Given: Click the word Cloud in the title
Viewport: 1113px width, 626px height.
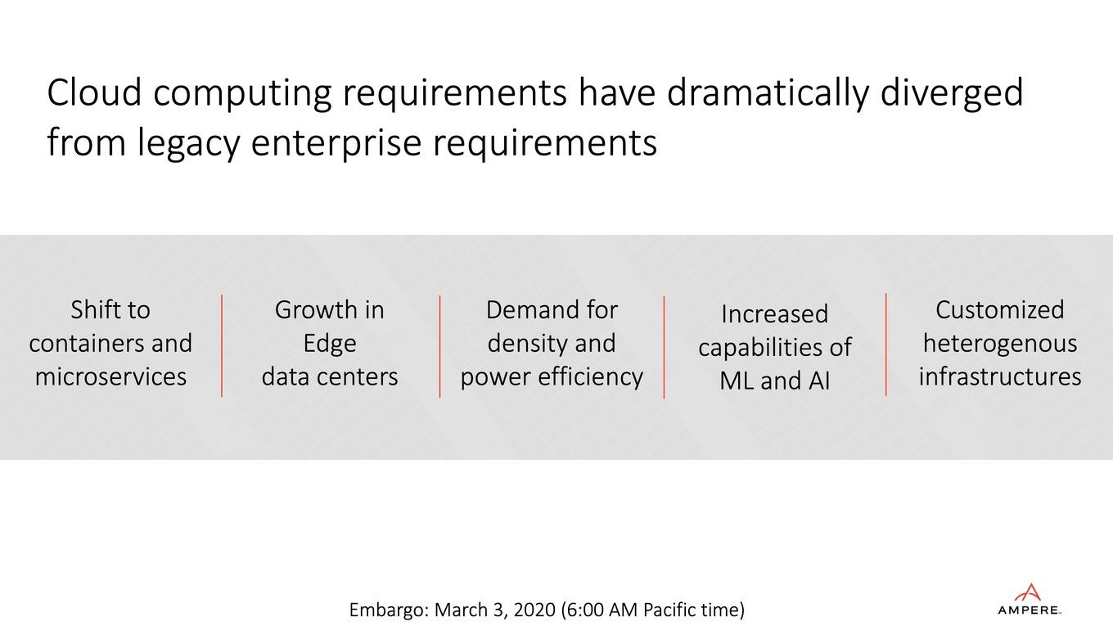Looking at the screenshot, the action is [94, 93].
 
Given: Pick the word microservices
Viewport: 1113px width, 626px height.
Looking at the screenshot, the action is [110, 376].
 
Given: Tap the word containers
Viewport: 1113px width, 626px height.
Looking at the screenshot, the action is [84, 344].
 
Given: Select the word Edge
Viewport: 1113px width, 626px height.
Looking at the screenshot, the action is [330, 345].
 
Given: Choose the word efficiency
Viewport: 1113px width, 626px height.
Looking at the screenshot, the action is [591, 377].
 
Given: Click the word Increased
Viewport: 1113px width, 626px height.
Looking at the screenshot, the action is [775, 314].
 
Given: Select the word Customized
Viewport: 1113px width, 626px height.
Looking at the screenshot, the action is [1000, 310].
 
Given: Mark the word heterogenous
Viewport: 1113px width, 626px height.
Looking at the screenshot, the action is [1000, 345].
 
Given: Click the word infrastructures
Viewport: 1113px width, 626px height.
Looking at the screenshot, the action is [1000, 376].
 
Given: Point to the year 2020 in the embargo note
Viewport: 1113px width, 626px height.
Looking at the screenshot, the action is [534, 610].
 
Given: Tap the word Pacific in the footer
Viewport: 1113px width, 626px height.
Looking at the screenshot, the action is [671, 610].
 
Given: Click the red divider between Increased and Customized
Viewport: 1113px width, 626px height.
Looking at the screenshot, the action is [886, 345].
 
